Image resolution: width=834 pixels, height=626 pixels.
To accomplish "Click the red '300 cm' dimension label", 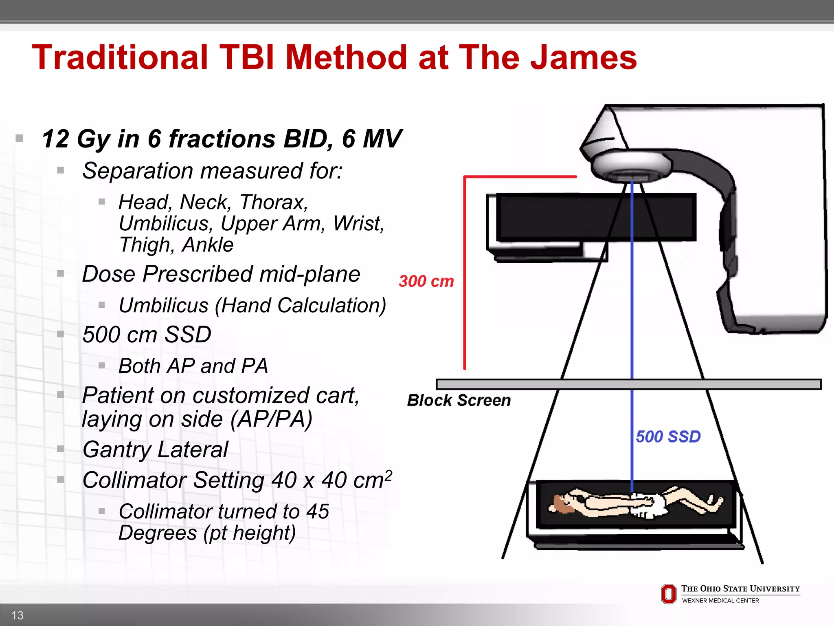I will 426,281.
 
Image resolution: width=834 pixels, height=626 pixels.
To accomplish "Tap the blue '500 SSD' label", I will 668,436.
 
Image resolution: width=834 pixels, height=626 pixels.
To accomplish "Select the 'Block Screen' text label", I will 459,400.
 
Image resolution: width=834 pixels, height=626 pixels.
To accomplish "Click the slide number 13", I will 18,615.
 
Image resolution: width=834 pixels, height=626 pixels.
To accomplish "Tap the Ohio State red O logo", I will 669,594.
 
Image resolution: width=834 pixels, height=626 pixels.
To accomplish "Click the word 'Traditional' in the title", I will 120,57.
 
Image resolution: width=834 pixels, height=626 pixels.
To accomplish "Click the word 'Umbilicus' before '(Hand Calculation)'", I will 164,305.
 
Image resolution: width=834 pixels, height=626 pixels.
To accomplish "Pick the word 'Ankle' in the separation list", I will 208,245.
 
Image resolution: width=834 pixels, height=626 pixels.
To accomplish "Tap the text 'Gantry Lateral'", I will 155,450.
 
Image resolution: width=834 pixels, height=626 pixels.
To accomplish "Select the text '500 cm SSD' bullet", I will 147,335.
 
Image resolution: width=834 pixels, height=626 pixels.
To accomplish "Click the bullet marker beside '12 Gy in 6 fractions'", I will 19,139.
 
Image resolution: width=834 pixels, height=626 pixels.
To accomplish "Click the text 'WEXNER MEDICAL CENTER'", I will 720,601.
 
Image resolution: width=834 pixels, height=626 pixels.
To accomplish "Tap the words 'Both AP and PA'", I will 193,366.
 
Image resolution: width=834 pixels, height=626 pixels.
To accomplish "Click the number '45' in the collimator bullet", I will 318,511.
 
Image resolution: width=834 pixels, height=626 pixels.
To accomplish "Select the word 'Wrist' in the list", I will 358,223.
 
